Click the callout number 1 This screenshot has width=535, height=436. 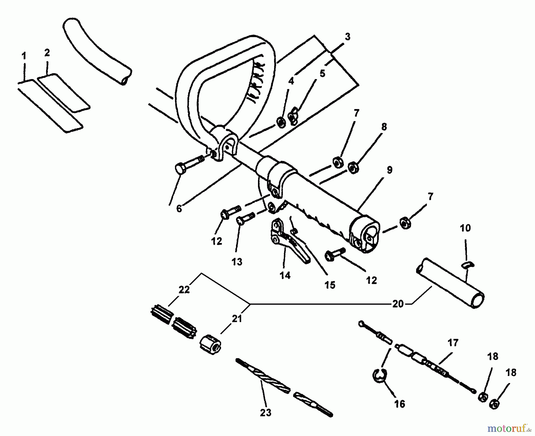tap(24, 56)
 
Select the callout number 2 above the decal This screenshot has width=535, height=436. tap(47, 53)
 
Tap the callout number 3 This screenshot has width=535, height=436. tap(347, 37)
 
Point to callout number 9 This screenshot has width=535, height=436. tap(389, 170)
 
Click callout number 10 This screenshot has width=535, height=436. tap(465, 228)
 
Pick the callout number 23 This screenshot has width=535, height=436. tap(265, 413)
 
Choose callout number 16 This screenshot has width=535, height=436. tap(400, 404)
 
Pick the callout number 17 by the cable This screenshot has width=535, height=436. tap(453, 343)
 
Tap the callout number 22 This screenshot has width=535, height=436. tap(184, 289)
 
